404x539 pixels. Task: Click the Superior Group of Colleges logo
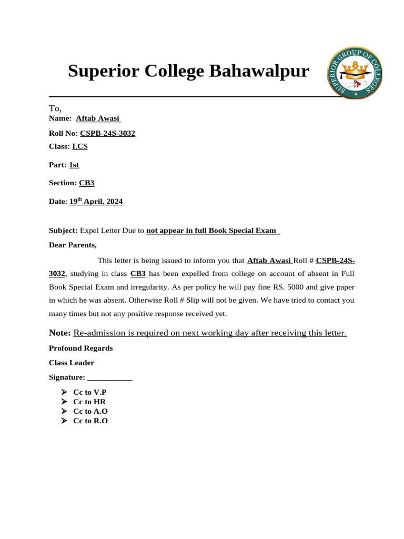pos(355,72)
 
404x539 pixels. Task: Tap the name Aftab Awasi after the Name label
pos(98,118)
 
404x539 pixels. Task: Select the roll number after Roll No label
pos(107,133)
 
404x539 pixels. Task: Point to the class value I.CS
pos(80,146)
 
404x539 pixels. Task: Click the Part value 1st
pos(74,165)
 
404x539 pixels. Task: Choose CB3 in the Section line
pos(87,183)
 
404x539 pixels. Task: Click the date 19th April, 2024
pos(96,201)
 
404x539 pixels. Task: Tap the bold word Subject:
pos(63,231)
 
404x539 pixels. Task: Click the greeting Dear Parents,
pos(73,245)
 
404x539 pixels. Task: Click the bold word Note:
pos(60,333)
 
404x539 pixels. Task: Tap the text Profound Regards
pos(80,348)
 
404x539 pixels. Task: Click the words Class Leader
pos(72,363)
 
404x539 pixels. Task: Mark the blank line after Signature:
pos(110,377)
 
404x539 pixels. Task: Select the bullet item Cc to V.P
pos(89,392)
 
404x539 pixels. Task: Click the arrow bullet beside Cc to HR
pos(64,402)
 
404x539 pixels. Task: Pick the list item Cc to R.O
pos(90,421)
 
